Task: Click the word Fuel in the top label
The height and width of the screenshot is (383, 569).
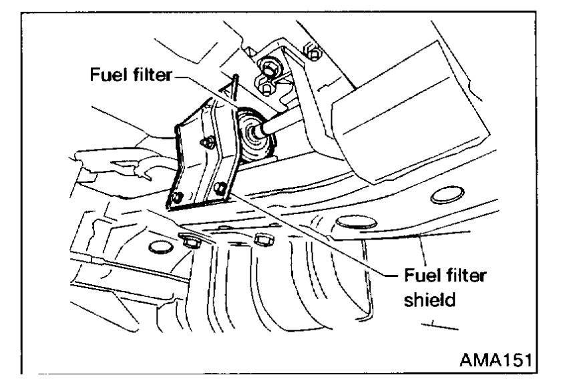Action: coord(108,73)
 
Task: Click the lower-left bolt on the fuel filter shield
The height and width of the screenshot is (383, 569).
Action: coord(178,198)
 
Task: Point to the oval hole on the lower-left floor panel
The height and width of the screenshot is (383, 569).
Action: coord(158,248)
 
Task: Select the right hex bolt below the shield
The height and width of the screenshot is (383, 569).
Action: coord(261,238)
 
